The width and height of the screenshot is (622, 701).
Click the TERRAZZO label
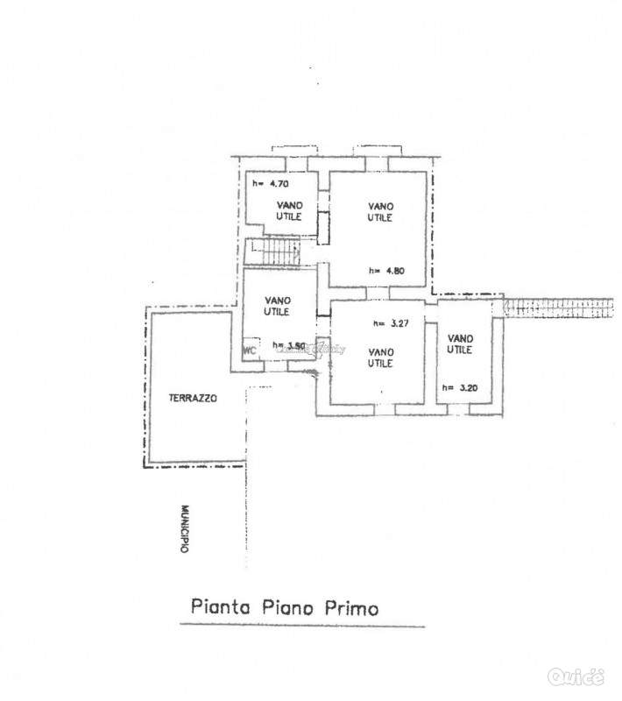(x=193, y=398)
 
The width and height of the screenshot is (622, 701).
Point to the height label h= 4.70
(x=271, y=184)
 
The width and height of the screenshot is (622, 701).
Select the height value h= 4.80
(x=385, y=270)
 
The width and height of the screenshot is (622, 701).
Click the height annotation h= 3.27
(x=391, y=323)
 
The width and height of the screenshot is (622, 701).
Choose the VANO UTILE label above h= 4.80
(x=379, y=211)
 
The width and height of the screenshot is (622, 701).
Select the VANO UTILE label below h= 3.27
(x=380, y=357)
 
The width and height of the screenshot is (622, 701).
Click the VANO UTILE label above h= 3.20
(x=459, y=343)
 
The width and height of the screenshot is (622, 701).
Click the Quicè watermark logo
(x=576, y=676)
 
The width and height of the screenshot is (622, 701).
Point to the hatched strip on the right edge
(x=561, y=307)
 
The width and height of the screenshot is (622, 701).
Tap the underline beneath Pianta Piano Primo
(x=302, y=626)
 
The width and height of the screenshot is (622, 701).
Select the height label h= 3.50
(x=288, y=345)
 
